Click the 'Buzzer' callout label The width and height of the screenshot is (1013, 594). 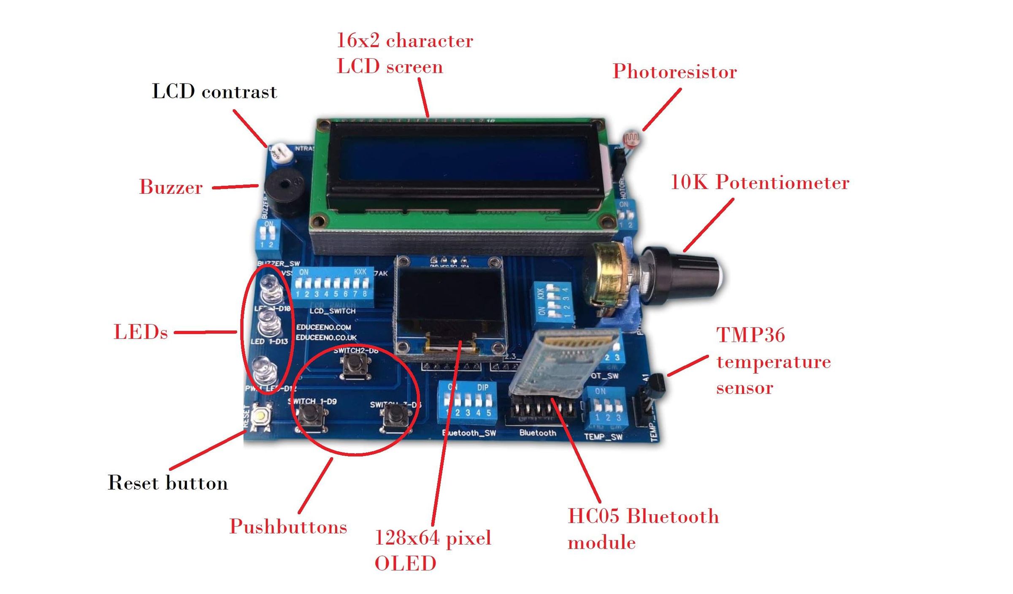171,187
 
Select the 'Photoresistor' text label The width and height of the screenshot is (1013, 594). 674,72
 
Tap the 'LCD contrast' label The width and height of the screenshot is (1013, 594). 214,92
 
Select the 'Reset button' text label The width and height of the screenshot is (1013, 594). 168,483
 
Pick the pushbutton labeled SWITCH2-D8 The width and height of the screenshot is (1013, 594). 356,365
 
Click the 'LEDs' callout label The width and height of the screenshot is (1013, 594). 141,332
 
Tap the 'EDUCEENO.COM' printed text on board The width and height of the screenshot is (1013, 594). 323,327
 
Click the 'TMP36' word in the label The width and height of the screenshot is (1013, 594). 751,336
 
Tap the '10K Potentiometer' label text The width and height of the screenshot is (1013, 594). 760,183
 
